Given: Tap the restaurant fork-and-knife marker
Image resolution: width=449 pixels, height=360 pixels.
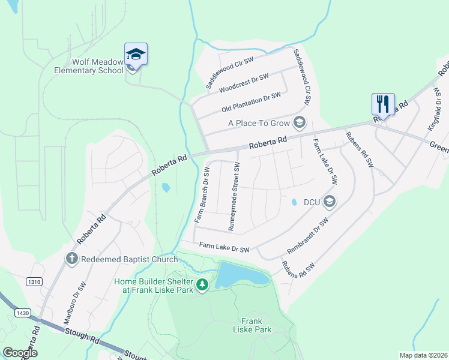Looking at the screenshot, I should coord(382,104).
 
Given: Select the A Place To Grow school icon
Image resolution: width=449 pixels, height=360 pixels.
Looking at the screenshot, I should coord(298,124).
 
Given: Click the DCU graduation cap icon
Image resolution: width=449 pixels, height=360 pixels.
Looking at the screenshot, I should coord(328,202).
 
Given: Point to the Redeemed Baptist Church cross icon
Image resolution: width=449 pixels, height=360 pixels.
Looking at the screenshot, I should coord(71,259).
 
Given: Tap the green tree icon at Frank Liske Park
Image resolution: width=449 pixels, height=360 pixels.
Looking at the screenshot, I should coord(202,284).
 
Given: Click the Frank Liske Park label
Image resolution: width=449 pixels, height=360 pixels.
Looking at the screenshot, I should coord(256,325).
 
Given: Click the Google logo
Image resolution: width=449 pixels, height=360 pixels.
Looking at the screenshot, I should coord(20,352).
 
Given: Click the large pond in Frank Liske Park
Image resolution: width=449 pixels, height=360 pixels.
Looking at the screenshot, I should coord(241,275).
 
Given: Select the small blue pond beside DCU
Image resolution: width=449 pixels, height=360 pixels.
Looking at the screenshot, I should coord(294,203).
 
